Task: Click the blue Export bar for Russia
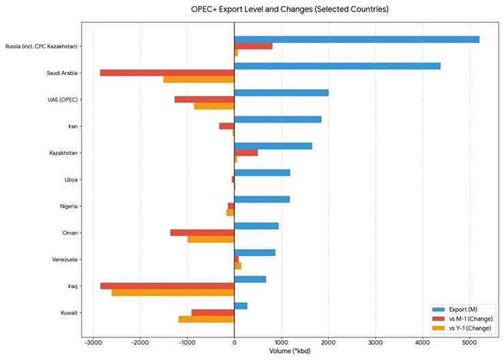tap(357, 39)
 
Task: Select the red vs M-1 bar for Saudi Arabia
tap(167, 73)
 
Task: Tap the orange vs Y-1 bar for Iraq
tap(173, 293)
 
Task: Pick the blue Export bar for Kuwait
tap(240, 306)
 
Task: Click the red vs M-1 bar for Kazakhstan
tap(246, 152)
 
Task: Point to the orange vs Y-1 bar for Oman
tap(210, 240)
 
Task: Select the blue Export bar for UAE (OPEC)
tap(281, 93)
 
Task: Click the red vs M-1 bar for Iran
tap(227, 126)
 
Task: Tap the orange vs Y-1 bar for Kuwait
tap(206, 319)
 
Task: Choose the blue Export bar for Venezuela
tap(255, 252)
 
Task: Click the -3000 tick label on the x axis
tap(93, 343)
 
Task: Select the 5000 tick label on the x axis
tap(469, 343)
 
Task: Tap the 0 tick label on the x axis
tap(234, 343)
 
